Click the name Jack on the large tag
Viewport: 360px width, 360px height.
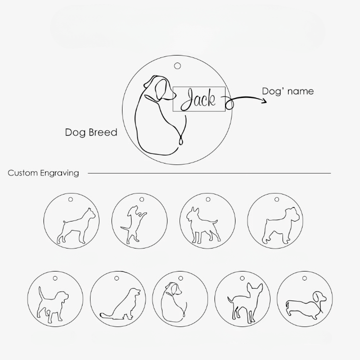tap(198, 99)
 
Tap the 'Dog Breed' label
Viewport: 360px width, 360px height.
tap(91, 132)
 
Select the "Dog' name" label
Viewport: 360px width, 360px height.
tap(288, 91)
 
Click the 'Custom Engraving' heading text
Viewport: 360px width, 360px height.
tap(43, 173)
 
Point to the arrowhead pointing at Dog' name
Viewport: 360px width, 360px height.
tap(264, 100)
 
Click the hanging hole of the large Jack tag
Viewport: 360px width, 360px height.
tap(177, 66)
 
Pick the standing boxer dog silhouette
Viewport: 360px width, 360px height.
tap(76, 226)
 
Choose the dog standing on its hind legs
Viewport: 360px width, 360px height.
tap(133, 225)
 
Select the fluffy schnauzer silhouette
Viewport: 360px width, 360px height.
tap(280, 225)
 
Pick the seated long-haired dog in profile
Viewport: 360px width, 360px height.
tap(120, 304)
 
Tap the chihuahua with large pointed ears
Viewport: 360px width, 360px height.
tap(245, 303)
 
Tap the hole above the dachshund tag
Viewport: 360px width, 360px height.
tap(304, 278)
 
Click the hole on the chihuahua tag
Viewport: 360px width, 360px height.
tap(242, 278)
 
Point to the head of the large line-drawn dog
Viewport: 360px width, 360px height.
tap(160, 87)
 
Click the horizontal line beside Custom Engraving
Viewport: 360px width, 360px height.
tap(209, 173)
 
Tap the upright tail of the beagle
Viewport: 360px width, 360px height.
tap(41, 292)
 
